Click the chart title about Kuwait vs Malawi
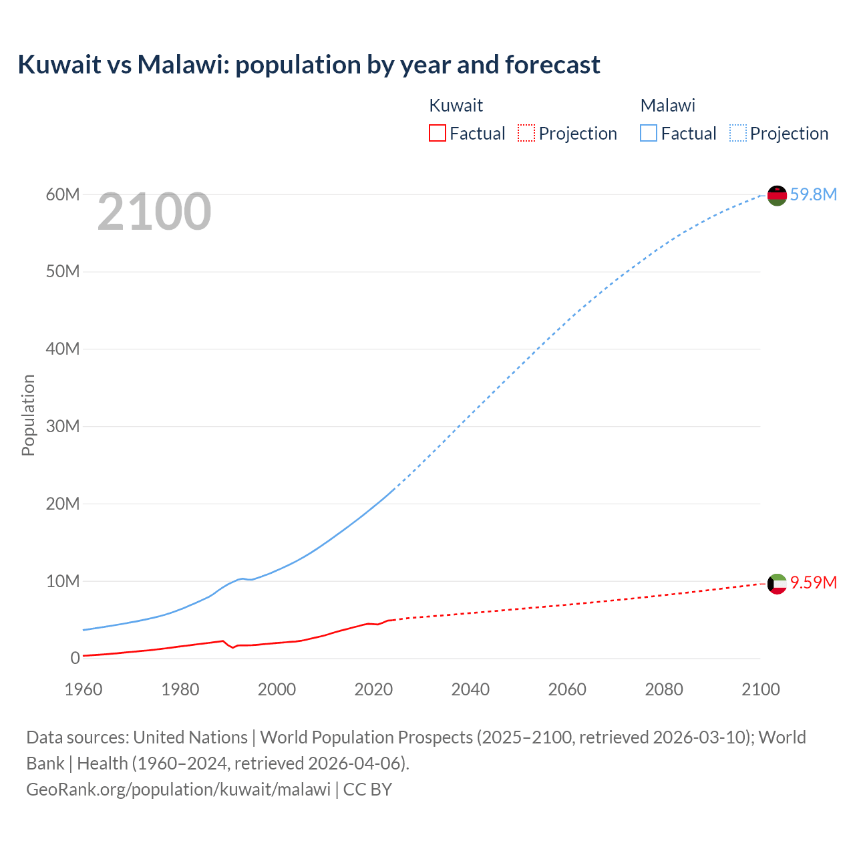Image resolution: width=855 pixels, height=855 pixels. (309, 65)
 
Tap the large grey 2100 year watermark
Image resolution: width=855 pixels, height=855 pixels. (154, 212)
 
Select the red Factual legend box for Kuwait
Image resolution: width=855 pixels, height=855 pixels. (437, 133)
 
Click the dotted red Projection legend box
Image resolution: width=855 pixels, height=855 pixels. (526, 133)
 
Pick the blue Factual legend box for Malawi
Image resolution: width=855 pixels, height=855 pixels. (648, 133)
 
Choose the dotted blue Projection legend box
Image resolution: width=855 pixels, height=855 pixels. (737, 133)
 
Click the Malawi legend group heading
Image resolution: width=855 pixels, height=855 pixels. (667, 106)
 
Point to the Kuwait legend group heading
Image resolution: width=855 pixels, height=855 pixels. (456, 106)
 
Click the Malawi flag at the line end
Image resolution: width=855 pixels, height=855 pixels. (777, 195)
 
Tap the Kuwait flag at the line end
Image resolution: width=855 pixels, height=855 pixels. (777, 584)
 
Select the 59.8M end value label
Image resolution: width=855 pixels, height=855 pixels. (813, 194)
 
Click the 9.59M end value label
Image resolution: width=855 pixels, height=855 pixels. (813, 583)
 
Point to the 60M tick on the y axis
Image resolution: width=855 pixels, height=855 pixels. (63, 194)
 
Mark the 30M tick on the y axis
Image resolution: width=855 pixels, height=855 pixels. (63, 426)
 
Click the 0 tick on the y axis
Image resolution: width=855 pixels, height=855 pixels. (75, 658)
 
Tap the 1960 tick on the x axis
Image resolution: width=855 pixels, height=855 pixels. (83, 689)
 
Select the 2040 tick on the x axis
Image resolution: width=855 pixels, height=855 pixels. (470, 689)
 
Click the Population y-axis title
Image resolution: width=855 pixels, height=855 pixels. (28, 415)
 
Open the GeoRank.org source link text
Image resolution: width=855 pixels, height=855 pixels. (178, 790)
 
